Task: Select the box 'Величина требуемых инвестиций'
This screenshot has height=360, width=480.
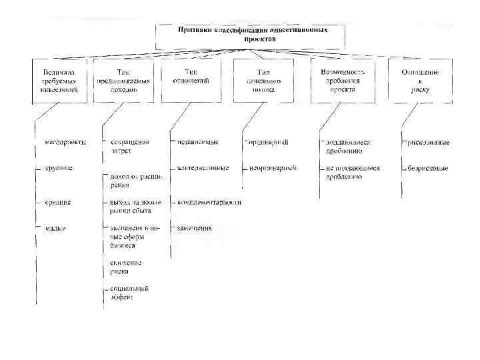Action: (59, 80)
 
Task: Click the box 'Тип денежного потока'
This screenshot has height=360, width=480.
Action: (263, 80)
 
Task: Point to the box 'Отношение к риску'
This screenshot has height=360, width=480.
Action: (420, 80)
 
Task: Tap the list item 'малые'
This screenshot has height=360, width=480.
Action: (55, 228)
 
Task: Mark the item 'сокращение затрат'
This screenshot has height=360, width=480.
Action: (130, 146)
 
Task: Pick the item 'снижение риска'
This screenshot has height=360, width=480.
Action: (126, 267)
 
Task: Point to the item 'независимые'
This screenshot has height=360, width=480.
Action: (198, 142)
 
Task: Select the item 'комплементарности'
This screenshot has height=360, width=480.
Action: (209, 201)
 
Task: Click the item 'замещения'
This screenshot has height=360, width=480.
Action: (195, 228)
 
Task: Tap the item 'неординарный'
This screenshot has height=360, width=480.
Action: (272, 169)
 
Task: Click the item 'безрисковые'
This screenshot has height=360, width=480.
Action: (427, 169)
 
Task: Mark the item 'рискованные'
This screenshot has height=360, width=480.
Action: (429, 142)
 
